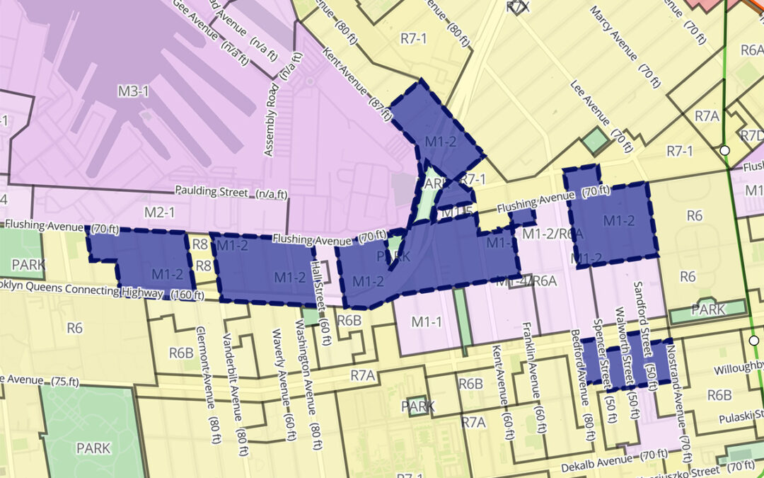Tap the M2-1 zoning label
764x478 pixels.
click(x=160, y=211)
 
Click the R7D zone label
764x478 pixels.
click(x=749, y=135)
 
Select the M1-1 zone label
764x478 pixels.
click(x=427, y=322)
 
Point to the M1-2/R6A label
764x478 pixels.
click(x=552, y=234)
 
